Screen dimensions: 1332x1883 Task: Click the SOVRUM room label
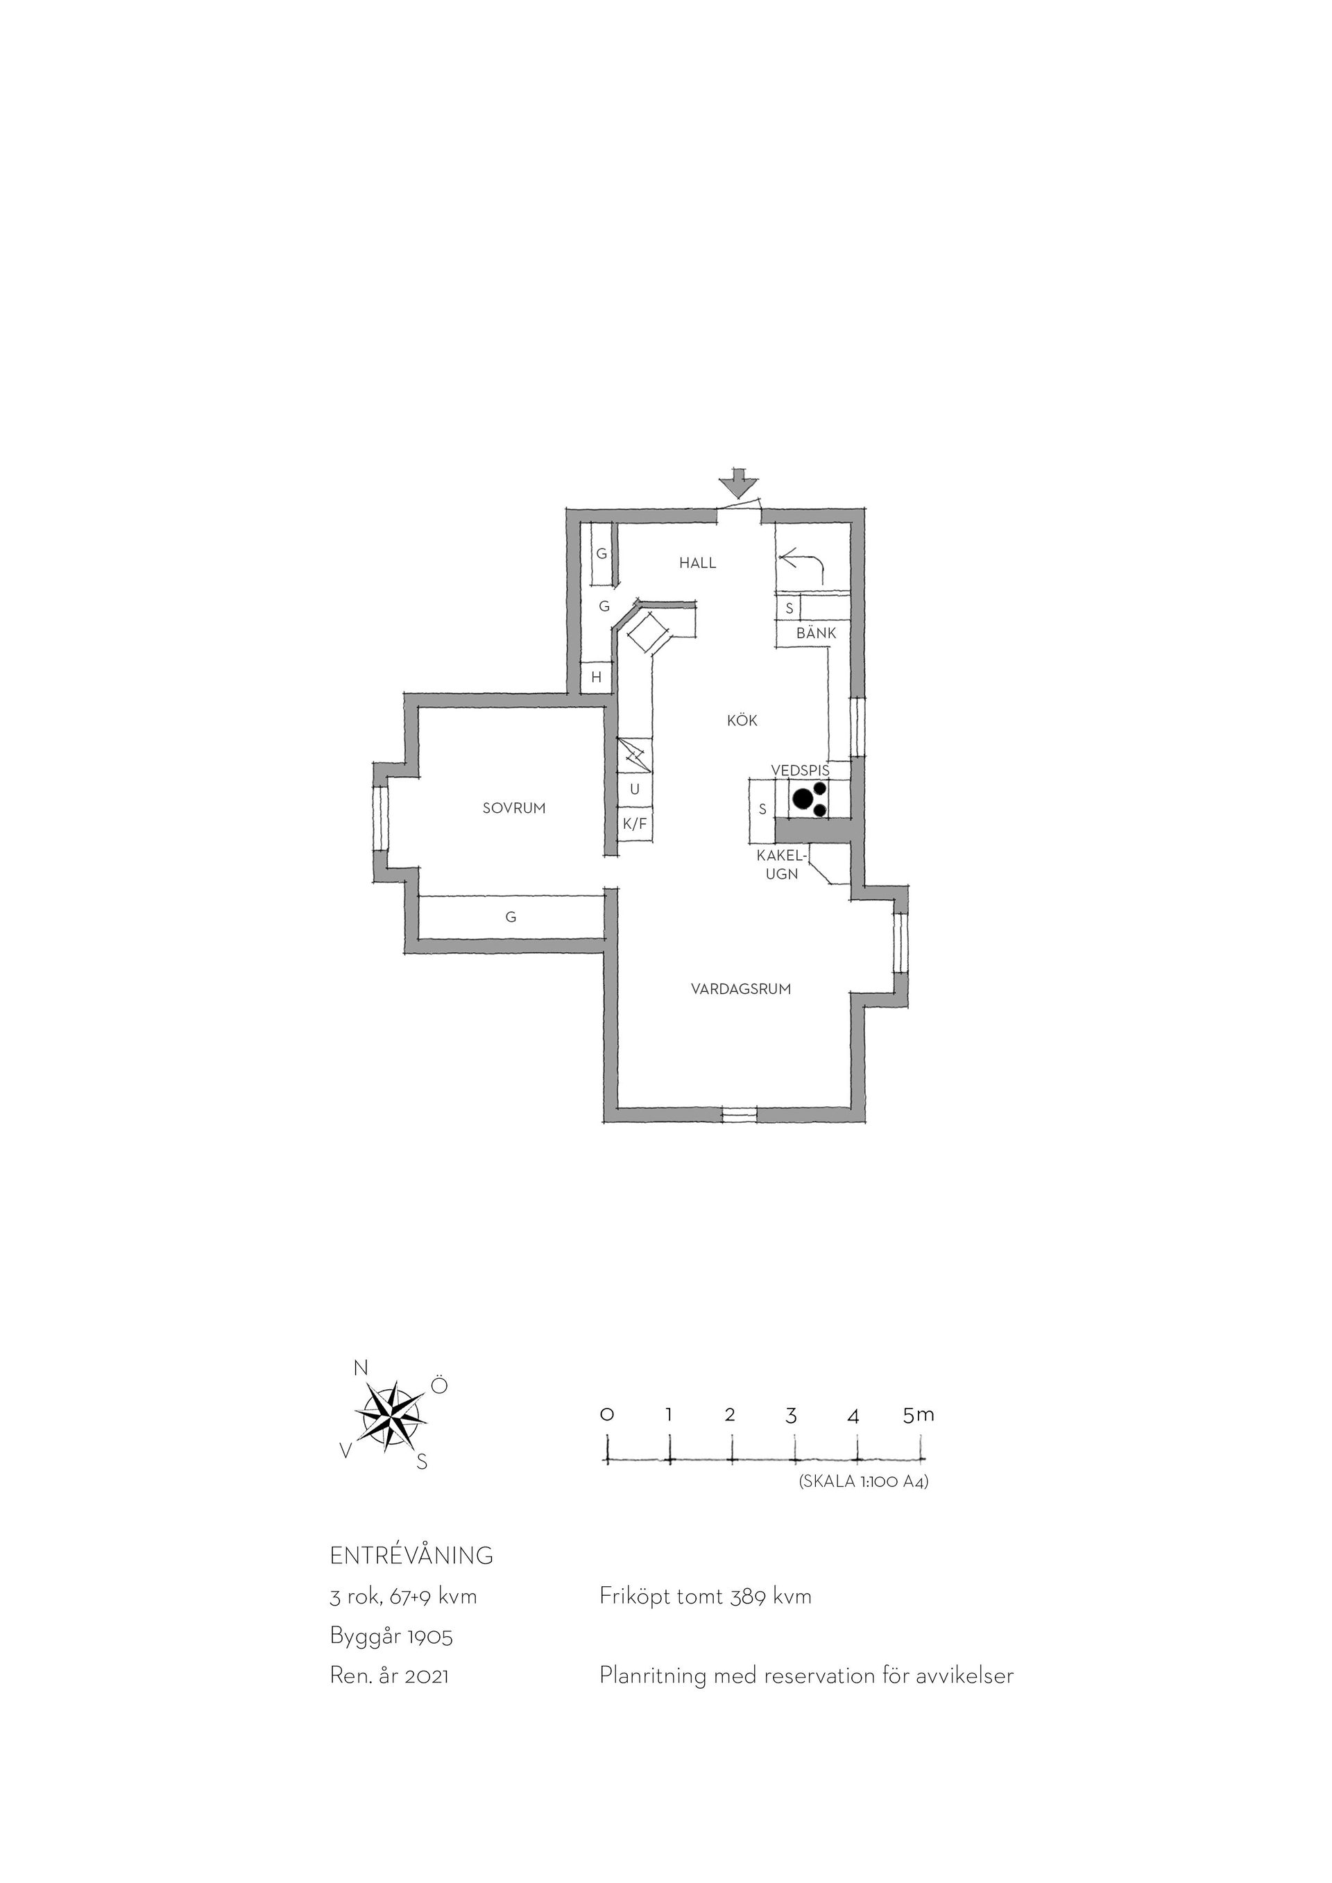514,808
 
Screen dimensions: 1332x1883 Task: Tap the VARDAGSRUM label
741,989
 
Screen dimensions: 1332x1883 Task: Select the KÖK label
742,721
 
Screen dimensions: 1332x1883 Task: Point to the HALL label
697,562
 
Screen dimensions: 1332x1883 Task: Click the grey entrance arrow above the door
739,483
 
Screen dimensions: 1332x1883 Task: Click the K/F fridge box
635,824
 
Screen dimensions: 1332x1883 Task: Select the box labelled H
597,678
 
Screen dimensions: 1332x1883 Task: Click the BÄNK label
816,633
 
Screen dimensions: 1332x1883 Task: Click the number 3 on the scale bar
791,1416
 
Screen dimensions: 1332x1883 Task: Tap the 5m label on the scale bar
918,1415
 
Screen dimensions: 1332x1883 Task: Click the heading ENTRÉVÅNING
411,1556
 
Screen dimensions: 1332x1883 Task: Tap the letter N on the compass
359,1367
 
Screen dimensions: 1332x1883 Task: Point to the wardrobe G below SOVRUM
511,916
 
